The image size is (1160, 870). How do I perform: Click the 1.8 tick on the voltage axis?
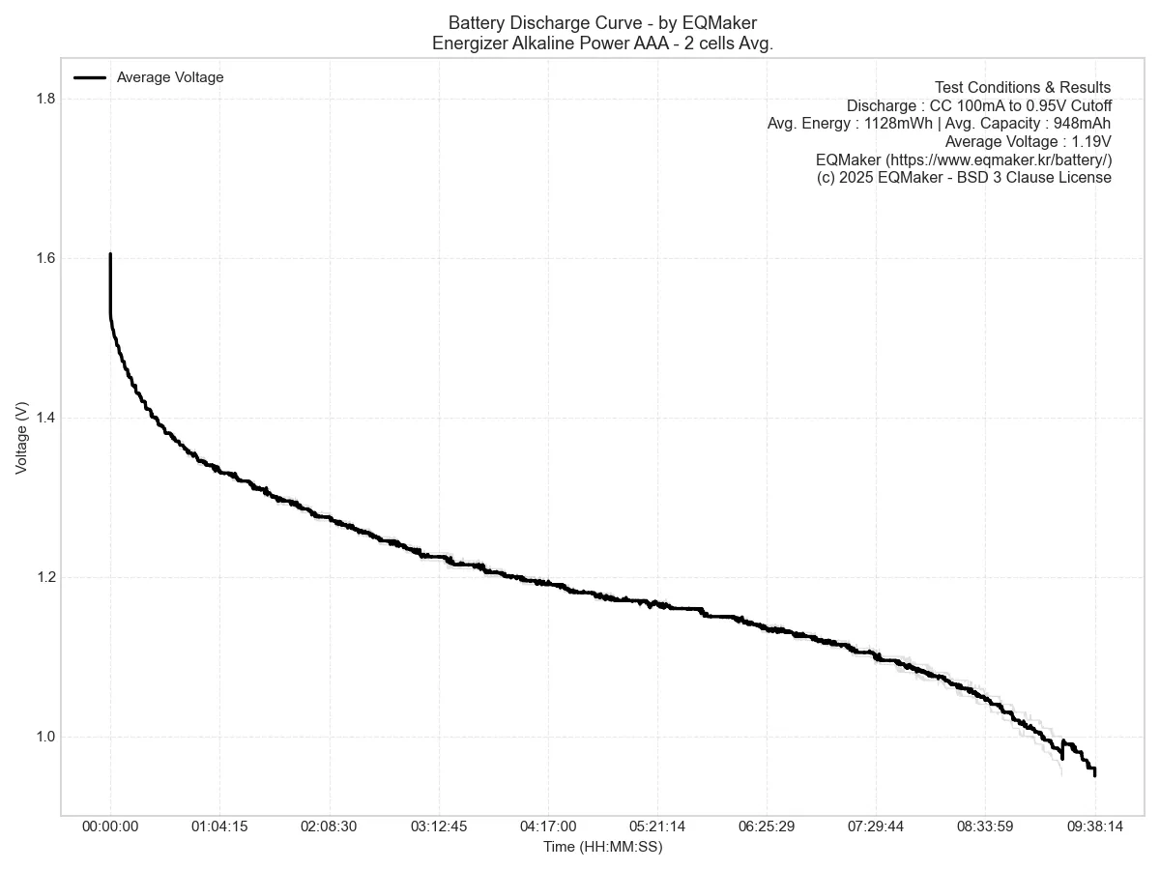pyautogui.click(x=43, y=100)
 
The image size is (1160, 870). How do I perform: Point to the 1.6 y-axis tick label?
pyautogui.click(x=43, y=259)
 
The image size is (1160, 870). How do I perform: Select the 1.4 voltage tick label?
pyautogui.click(x=43, y=419)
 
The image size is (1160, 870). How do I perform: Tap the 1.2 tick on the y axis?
pyautogui.click(x=43, y=578)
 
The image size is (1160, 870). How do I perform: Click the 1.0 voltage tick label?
pyautogui.click(x=43, y=738)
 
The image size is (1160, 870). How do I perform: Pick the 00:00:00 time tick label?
pyautogui.click(x=110, y=826)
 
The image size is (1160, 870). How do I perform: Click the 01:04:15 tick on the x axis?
pyautogui.click(x=219, y=826)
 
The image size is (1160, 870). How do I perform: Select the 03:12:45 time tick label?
pyautogui.click(x=439, y=826)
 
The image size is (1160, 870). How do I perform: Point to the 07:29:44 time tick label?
pyautogui.click(x=876, y=826)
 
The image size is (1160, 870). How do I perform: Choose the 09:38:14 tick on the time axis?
pyautogui.click(x=1095, y=826)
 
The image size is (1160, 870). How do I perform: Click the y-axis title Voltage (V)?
pyautogui.click(x=22, y=438)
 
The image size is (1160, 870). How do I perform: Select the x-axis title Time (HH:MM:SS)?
pyautogui.click(x=602, y=847)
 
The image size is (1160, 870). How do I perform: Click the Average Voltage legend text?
pyautogui.click(x=170, y=77)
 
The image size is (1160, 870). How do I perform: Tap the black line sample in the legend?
pyautogui.click(x=90, y=77)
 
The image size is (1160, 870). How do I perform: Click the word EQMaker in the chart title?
pyautogui.click(x=726, y=22)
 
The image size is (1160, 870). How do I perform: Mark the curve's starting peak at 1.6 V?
pyautogui.click(x=110, y=255)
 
